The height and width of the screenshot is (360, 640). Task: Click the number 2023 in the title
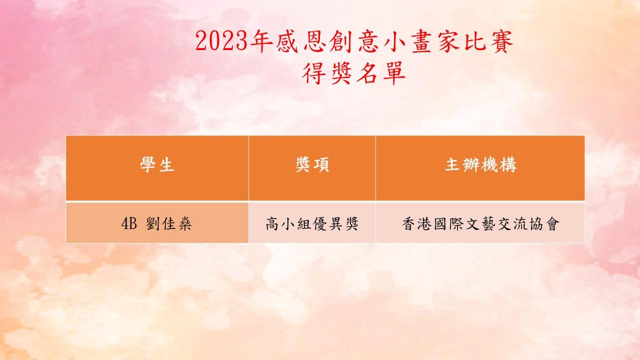[x=221, y=41]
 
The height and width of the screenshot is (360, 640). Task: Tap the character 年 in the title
[x=261, y=41]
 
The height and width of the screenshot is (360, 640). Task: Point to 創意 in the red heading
[x=355, y=41]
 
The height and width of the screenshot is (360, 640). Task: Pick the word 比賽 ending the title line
[x=489, y=41]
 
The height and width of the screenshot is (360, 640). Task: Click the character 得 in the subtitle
[x=314, y=73]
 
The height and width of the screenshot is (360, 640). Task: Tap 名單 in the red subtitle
[x=381, y=73]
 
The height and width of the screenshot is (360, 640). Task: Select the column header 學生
[x=157, y=164]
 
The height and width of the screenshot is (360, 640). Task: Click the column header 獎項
[x=312, y=164]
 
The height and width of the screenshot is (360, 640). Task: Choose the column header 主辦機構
[x=480, y=164]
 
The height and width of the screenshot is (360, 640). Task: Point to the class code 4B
[x=129, y=223]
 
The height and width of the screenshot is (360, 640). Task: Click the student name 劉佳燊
[x=168, y=223]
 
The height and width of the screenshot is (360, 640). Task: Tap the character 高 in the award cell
[x=272, y=223]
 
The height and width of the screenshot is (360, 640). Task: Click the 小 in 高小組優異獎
[x=288, y=223]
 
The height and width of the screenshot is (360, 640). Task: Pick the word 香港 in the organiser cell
[x=417, y=223]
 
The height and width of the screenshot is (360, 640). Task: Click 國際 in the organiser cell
[x=448, y=223]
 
